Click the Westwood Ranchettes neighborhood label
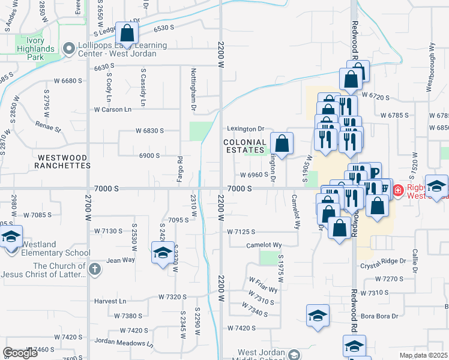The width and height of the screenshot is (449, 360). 62,161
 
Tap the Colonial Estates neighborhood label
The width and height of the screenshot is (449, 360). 244,146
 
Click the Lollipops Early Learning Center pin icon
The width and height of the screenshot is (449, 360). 69,49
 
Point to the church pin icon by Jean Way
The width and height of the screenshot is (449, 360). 94,270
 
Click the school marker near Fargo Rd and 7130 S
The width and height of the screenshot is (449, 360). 162,253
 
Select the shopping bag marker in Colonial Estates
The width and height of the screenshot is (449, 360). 282,144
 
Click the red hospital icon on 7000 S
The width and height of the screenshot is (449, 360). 397,191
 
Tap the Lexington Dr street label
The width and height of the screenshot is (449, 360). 246,129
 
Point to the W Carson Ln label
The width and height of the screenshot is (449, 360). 112,110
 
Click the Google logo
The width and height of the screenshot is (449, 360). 20,353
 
